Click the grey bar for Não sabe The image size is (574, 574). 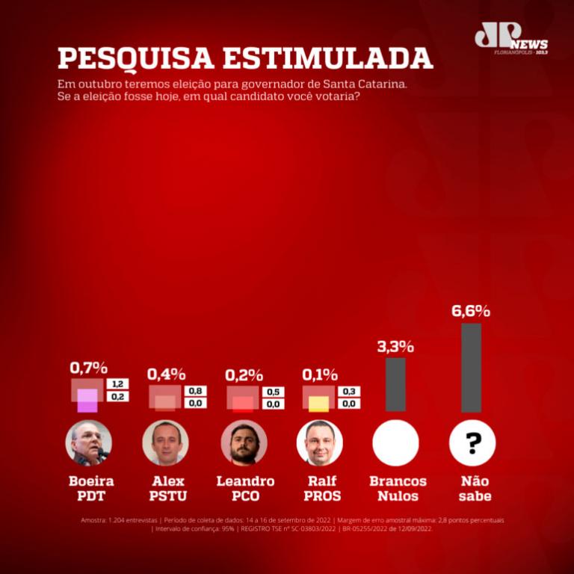point(472,367)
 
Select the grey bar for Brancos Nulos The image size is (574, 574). point(395,384)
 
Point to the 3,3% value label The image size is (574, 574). point(395,346)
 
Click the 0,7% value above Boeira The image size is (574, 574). point(89,368)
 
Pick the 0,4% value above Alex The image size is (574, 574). point(166,374)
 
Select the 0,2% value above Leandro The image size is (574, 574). point(243,374)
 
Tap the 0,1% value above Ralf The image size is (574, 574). point(319,374)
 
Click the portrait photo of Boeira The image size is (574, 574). point(89,442)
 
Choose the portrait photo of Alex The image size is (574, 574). point(166,442)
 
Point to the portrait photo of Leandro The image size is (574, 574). point(244,442)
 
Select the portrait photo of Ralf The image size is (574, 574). point(320,442)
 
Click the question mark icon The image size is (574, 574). point(472,443)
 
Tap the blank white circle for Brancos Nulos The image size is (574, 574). point(395,442)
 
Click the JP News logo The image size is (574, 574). point(510,39)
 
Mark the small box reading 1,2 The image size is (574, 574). point(117,384)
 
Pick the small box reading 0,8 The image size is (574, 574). point(195,391)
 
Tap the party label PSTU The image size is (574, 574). point(167,496)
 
